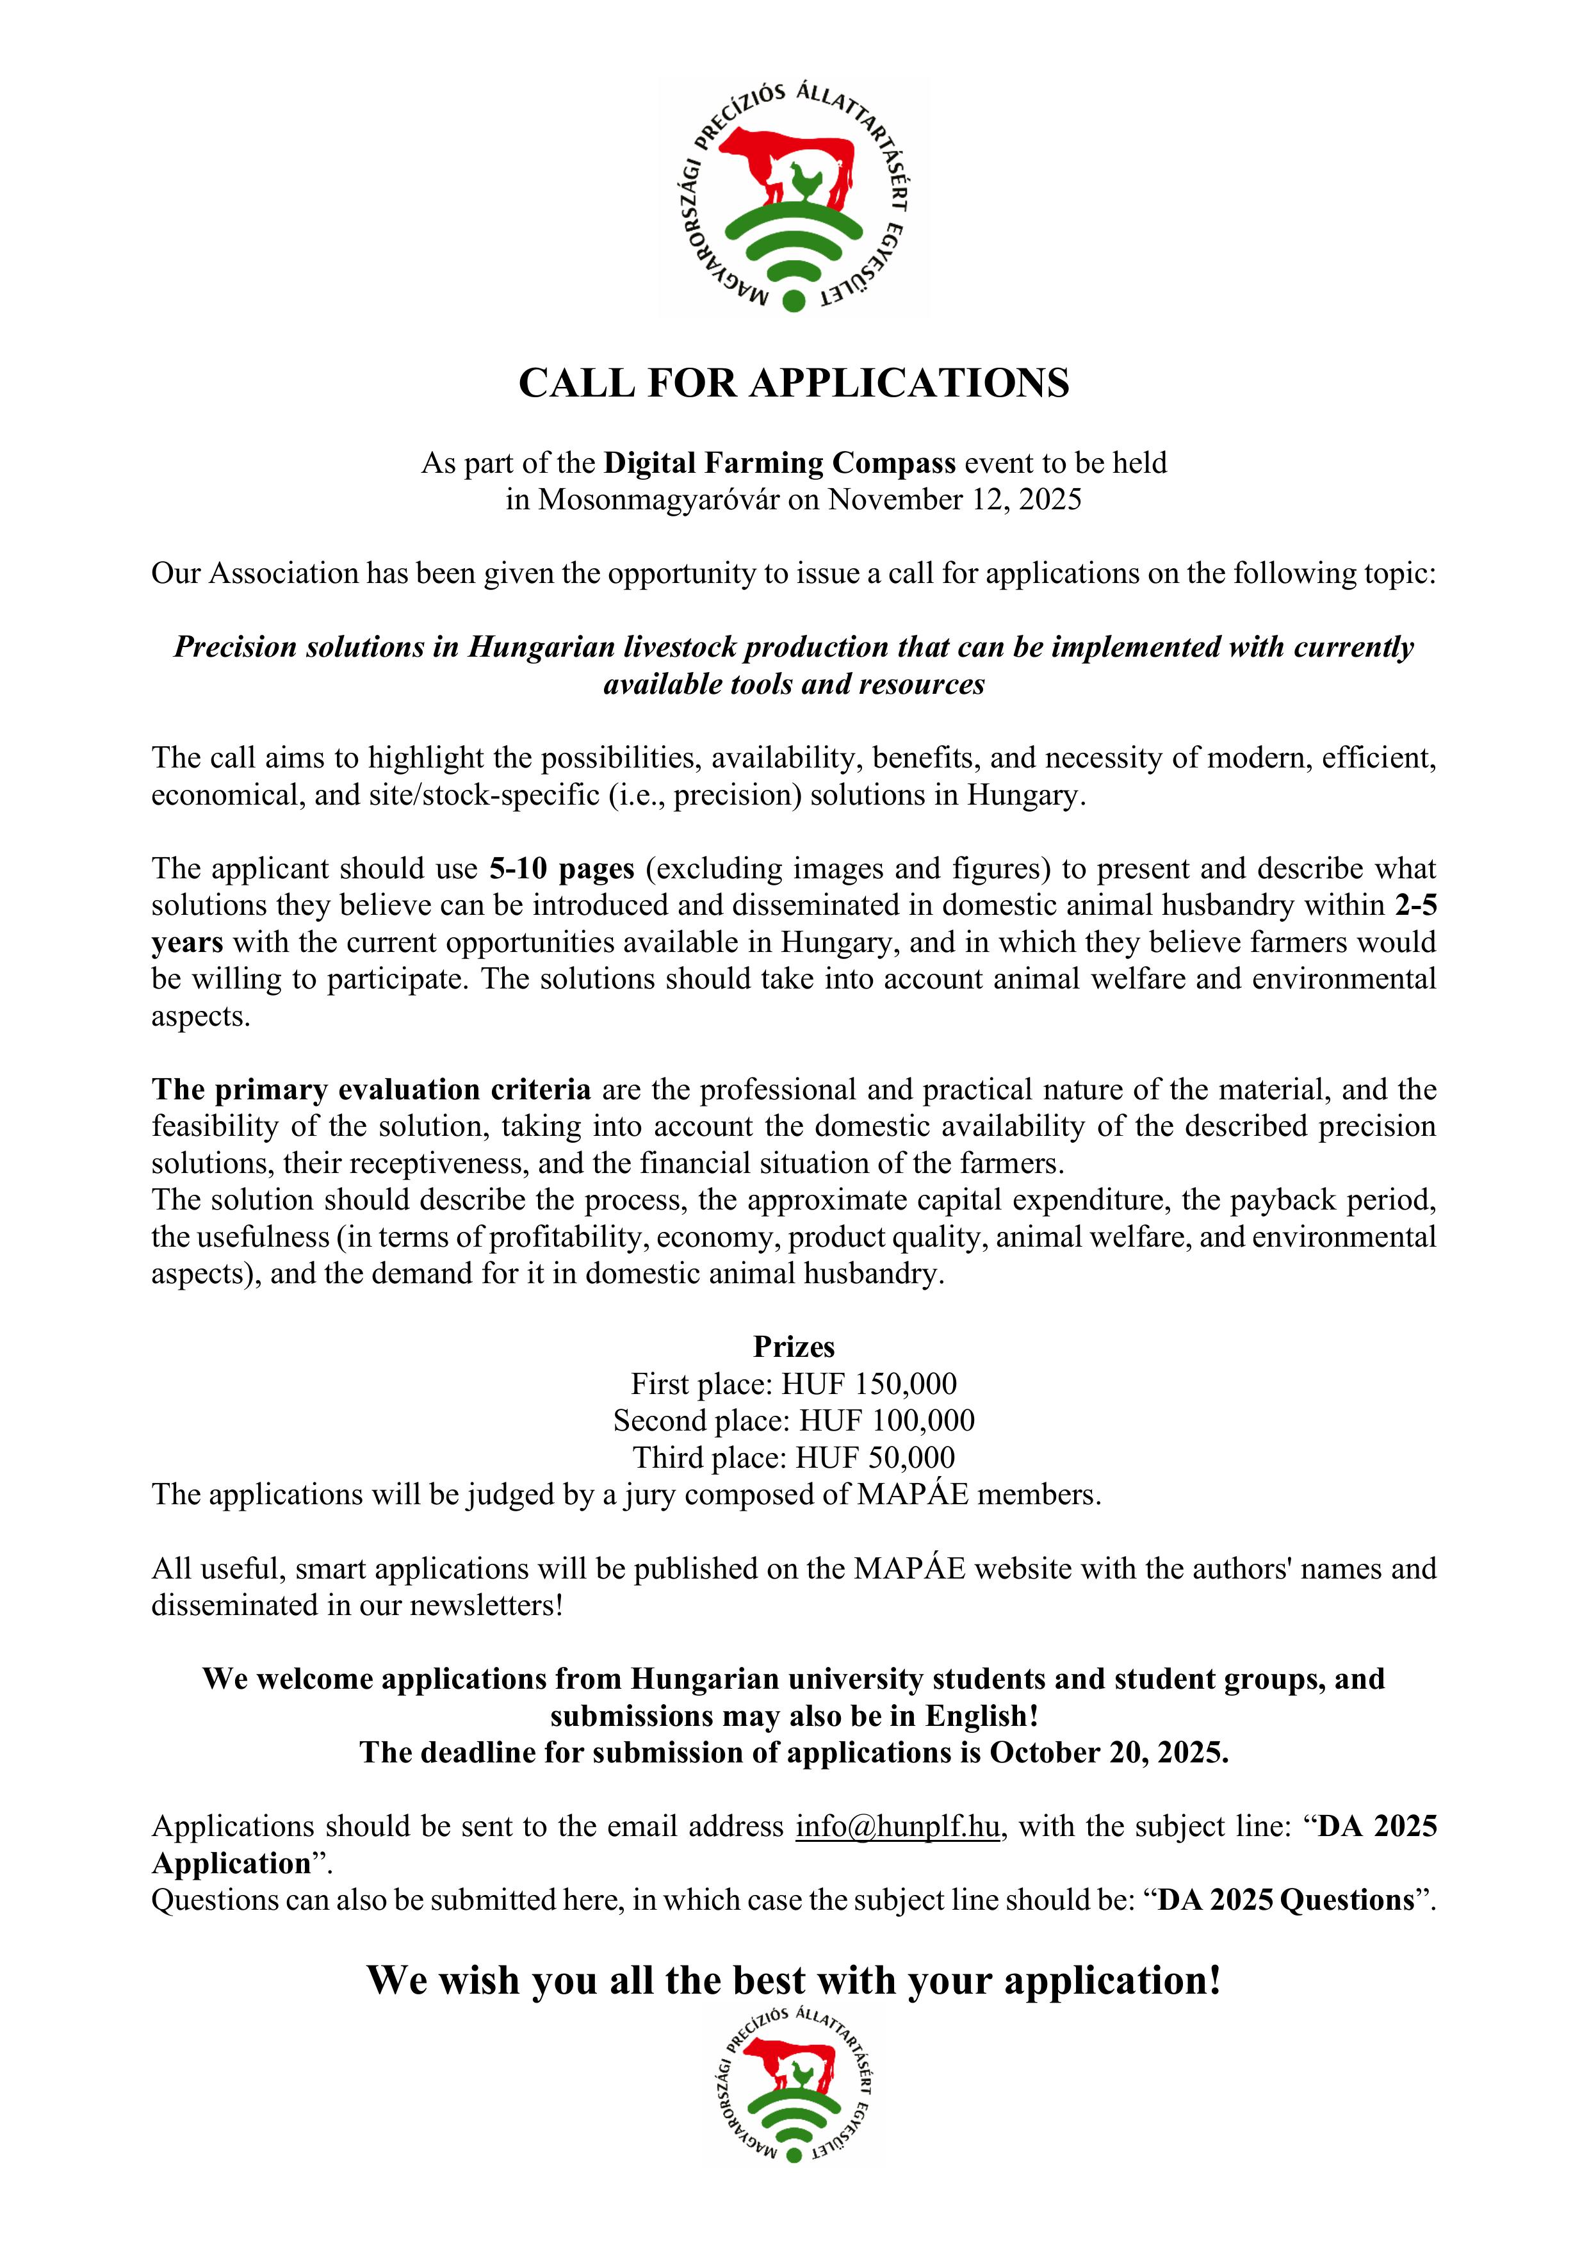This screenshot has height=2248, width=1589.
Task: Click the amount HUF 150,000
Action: (868, 1384)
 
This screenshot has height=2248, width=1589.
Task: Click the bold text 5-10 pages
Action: (562, 869)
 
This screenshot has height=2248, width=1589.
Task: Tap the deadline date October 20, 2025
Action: (1107, 1753)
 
